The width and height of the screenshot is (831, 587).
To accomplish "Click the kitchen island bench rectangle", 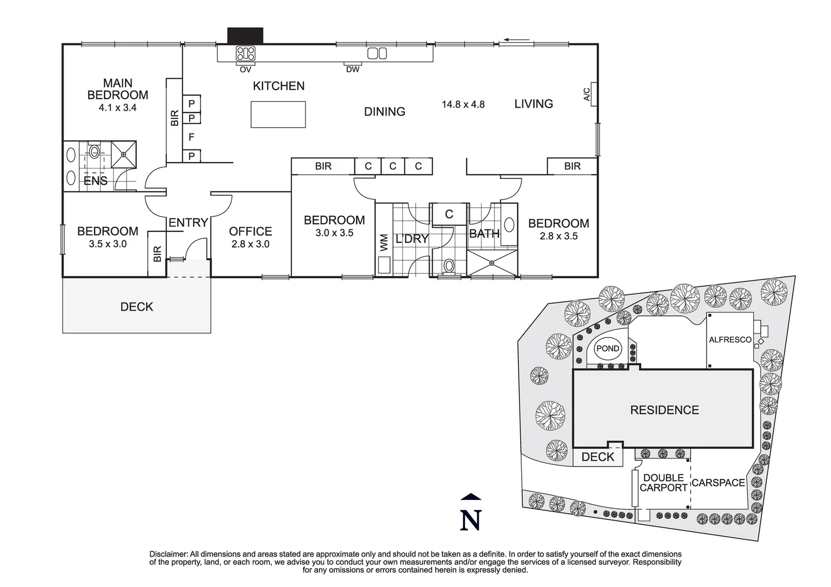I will pyautogui.click(x=278, y=115).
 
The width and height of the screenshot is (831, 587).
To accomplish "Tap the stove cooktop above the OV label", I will pyautogui.click(x=245, y=53).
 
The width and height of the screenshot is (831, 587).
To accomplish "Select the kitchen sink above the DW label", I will pyautogui.click(x=377, y=53).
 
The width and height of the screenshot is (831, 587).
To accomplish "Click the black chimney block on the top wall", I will pyautogui.click(x=245, y=35).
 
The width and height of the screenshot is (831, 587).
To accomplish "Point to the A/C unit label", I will pyautogui.click(x=587, y=95).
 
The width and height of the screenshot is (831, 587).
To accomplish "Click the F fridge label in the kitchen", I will pyautogui.click(x=191, y=138).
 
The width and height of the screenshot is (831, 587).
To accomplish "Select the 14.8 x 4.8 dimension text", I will pyautogui.click(x=463, y=104).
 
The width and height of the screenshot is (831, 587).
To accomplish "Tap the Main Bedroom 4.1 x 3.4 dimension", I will pyautogui.click(x=117, y=108).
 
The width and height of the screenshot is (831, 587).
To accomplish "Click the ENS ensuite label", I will pyautogui.click(x=96, y=181).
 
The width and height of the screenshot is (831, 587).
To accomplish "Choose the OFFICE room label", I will pyautogui.click(x=251, y=232).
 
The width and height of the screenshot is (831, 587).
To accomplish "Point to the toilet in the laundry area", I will pyautogui.click(x=449, y=266).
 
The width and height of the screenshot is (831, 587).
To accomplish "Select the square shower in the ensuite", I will pyautogui.click(x=124, y=154).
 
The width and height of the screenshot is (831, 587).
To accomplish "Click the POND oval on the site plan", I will pyautogui.click(x=608, y=348).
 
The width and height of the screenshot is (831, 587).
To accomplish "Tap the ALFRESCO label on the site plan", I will pyautogui.click(x=730, y=340).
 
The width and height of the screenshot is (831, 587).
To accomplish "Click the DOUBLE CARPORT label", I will pyautogui.click(x=663, y=483).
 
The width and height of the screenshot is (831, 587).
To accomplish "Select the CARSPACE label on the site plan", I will pyautogui.click(x=718, y=483).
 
